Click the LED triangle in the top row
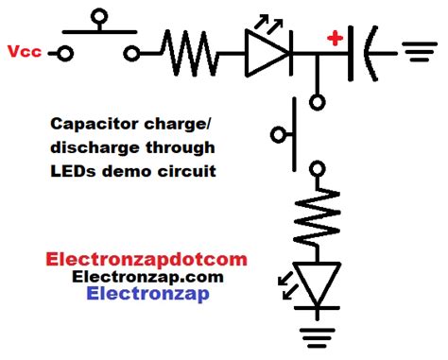click(264, 53)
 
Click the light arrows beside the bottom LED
click(282, 280)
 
